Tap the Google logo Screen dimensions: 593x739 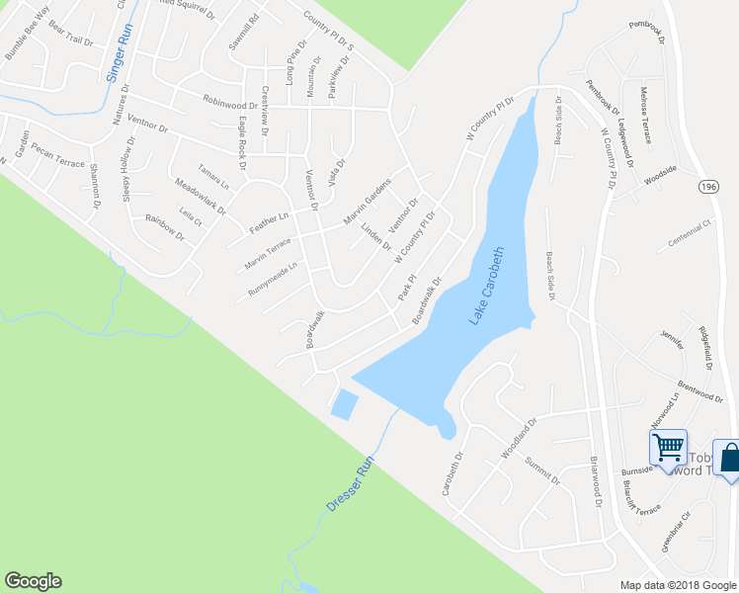[x=33, y=581]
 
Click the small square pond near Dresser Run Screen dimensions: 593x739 [x=345, y=404]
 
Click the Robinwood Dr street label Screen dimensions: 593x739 [x=229, y=101]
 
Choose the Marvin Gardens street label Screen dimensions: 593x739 [x=368, y=201]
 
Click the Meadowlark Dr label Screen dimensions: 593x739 [x=200, y=197]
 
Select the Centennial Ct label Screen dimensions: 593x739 [x=690, y=233]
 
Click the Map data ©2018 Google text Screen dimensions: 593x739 [x=677, y=585]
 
